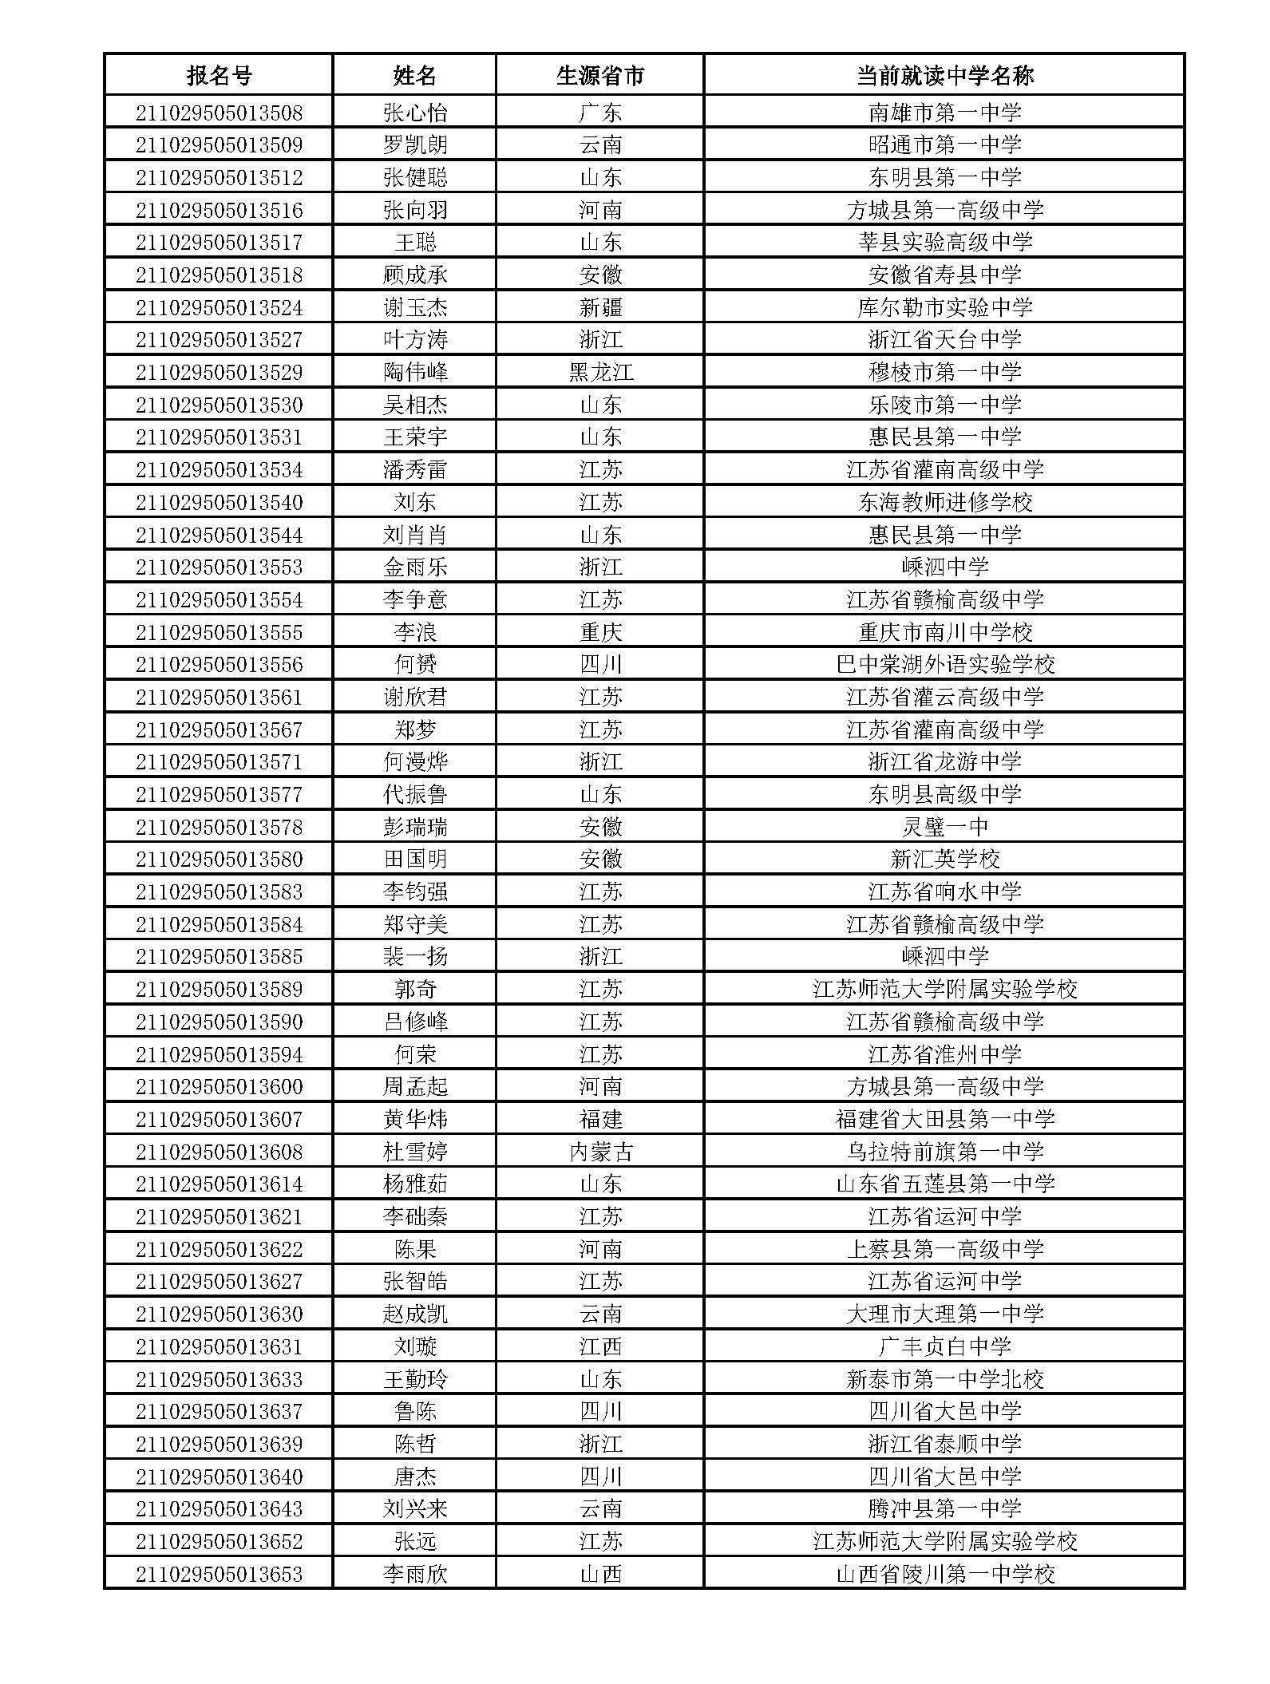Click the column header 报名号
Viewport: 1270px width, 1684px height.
point(219,76)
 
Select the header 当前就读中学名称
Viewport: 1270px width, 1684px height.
point(944,76)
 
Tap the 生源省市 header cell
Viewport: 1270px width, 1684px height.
point(599,76)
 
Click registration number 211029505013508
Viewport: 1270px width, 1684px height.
point(219,113)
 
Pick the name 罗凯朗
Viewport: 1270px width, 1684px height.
point(415,144)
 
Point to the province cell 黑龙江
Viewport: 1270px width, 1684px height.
point(599,372)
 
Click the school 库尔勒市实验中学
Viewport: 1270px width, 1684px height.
point(944,307)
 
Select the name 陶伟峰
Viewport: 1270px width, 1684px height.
point(415,372)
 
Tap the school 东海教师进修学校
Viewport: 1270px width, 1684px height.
point(944,502)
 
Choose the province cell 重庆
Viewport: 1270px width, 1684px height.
point(599,632)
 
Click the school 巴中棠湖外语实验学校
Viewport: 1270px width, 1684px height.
point(944,664)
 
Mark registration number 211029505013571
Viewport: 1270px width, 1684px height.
point(219,761)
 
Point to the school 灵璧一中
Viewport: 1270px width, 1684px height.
point(944,827)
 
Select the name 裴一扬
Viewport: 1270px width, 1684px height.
point(415,956)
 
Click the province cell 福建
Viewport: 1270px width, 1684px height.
point(599,1119)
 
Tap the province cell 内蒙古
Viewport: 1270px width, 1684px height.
point(599,1152)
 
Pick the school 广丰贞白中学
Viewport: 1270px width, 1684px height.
point(944,1346)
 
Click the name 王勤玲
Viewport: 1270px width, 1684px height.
point(415,1379)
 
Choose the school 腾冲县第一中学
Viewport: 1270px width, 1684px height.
point(944,1508)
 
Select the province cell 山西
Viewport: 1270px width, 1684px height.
point(599,1574)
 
